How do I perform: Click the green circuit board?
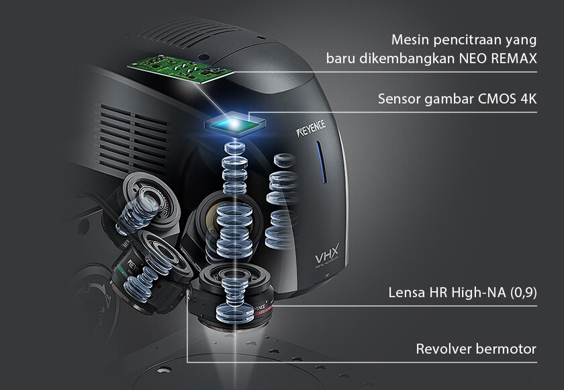pos(181,69)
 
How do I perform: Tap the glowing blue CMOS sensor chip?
pos(235,124)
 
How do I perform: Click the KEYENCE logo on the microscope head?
pos(311,128)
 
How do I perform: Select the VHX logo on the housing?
pos(326,256)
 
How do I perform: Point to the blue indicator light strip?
pos(321,162)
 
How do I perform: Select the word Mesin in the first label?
pos(410,40)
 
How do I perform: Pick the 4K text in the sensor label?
pos(529,99)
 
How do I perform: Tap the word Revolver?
pos(444,349)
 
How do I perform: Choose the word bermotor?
pos(506,349)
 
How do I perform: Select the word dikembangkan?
pos(407,58)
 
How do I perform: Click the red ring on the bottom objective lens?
pos(265,309)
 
